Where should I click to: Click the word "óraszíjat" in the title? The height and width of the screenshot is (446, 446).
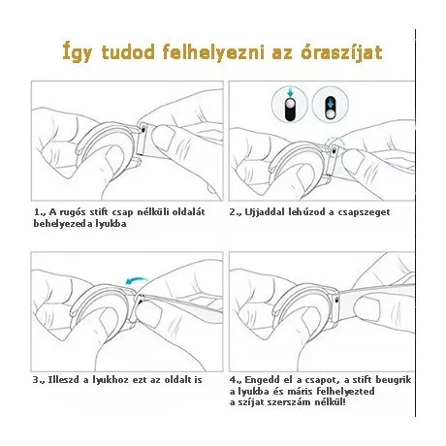click(x=341, y=52)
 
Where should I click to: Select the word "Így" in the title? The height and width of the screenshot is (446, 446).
click(x=78, y=52)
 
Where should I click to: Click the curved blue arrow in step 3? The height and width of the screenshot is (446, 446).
click(x=136, y=281)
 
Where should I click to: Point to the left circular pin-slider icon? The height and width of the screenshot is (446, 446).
click(x=290, y=105)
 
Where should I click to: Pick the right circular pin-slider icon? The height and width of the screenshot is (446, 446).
click(x=330, y=105)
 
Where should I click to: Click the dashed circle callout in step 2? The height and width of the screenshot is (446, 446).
click(x=334, y=144)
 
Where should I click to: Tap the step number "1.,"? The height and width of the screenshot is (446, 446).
click(x=41, y=212)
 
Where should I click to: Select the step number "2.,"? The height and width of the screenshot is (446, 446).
click(x=236, y=212)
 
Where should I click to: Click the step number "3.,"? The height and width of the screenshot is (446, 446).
click(x=39, y=380)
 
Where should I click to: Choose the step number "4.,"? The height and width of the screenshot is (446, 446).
click(x=236, y=380)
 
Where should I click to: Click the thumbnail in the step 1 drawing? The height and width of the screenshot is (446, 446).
click(x=163, y=138)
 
